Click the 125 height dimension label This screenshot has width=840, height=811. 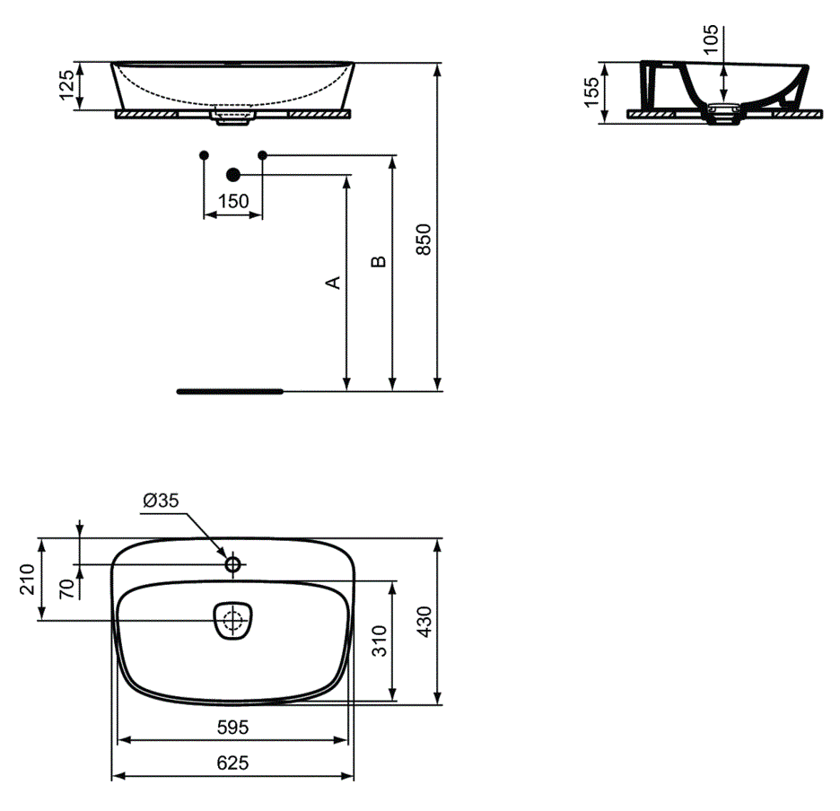click(x=66, y=85)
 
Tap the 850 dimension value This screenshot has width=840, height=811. click(x=424, y=240)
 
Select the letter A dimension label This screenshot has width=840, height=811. click(x=333, y=283)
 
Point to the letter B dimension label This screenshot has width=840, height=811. click(x=378, y=261)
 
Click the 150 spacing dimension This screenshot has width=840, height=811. click(x=233, y=202)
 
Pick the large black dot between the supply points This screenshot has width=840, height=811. click(x=233, y=175)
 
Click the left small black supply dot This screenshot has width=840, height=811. click(x=204, y=155)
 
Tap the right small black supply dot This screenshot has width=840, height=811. click(x=262, y=155)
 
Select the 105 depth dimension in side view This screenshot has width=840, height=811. click(x=711, y=39)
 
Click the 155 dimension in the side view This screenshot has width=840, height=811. click(x=591, y=92)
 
